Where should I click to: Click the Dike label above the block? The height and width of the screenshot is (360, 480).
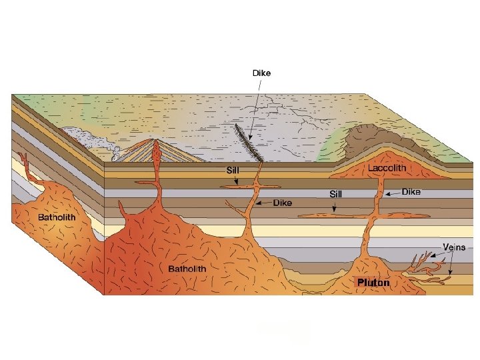(x=261, y=73)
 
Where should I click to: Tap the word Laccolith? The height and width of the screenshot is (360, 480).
(x=387, y=169)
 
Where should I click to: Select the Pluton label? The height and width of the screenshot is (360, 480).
(x=373, y=282)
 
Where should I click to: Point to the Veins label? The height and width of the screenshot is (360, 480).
(x=454, y=247)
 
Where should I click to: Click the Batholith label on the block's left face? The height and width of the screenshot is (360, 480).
(x=57, y=217)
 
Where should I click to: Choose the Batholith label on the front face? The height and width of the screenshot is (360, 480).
(x=187, y=269)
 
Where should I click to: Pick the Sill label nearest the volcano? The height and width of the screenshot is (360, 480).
(x=231, y=171)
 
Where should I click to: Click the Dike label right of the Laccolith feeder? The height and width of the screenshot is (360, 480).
(x=411, y=192)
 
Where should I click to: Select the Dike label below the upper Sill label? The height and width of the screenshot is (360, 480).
(x=282, y=203)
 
